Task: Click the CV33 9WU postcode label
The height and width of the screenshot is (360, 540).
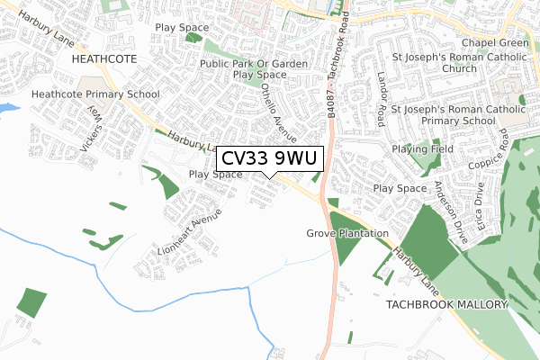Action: coord(266,158)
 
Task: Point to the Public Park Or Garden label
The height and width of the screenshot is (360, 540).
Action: coord(254,64)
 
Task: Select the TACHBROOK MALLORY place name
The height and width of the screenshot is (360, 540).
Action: coord(446,306)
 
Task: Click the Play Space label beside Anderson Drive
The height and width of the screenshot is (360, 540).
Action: coord(400,188)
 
